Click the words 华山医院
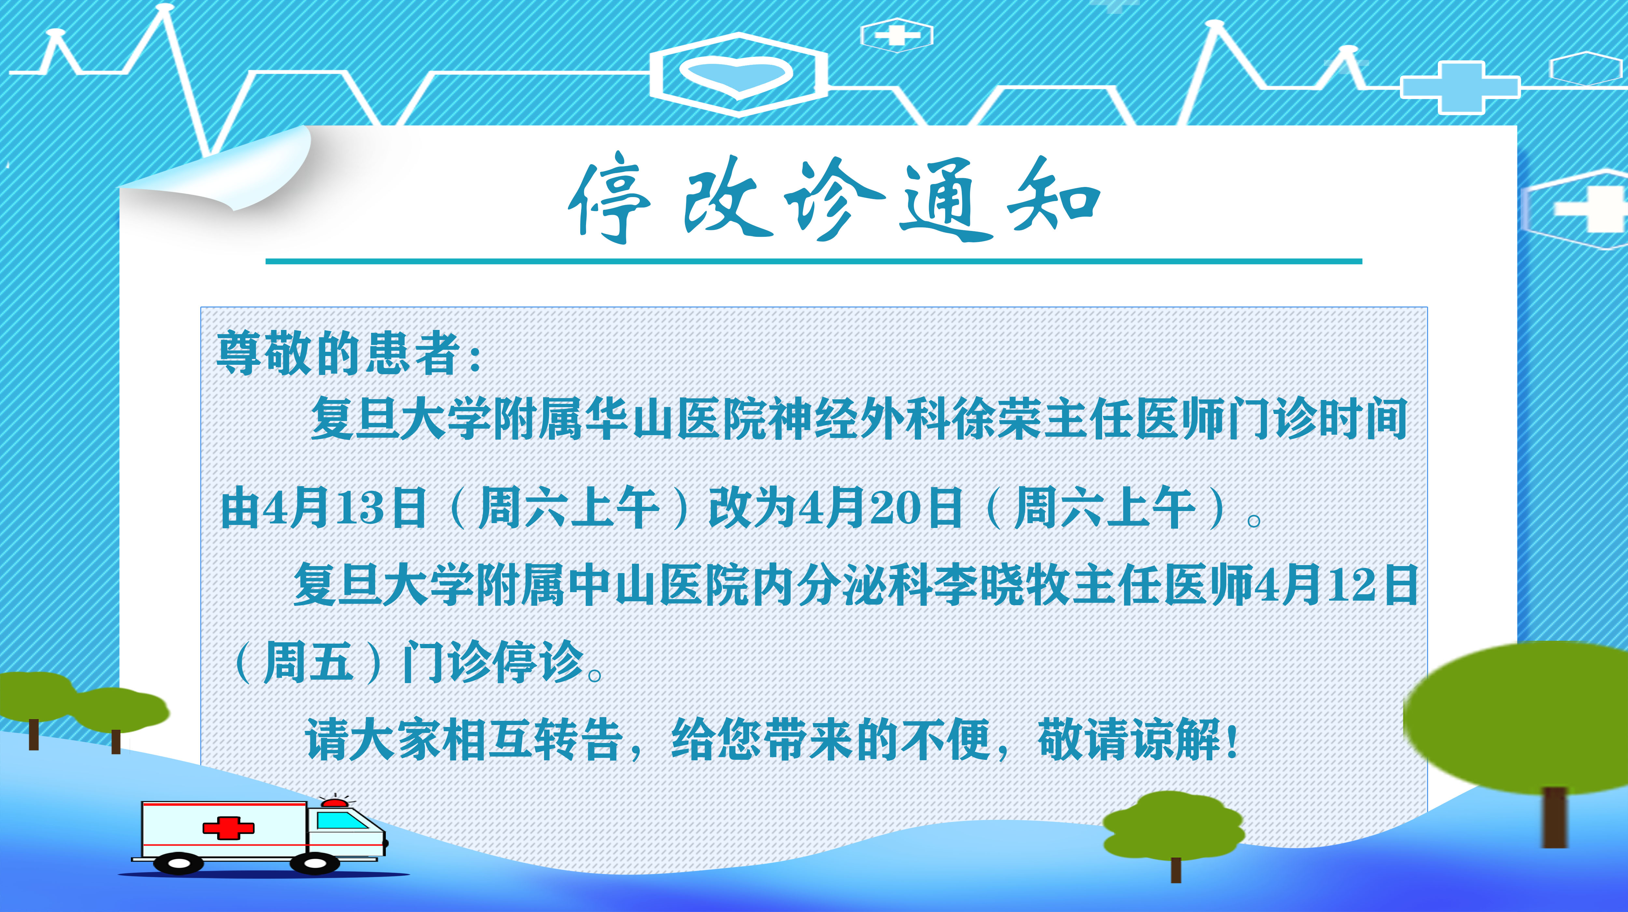tap(676, 419)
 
